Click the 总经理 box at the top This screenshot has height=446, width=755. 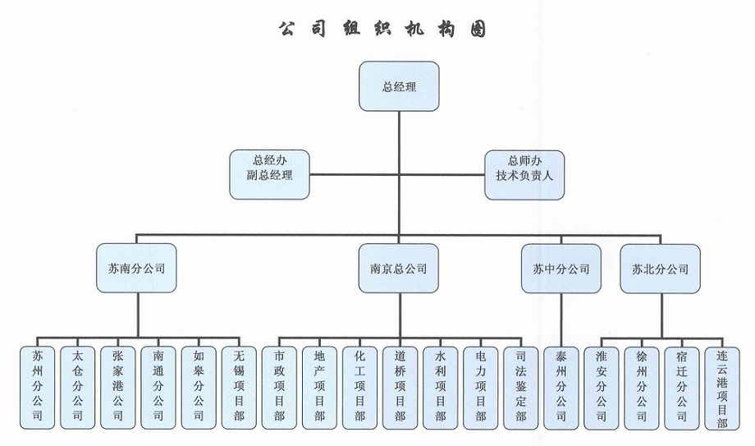[399, 85]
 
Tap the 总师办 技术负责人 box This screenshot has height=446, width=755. [524, 174]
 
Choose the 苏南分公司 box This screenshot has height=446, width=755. [137, 269]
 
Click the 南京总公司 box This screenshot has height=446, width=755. [399, 269]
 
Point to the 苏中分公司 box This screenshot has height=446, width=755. [561, 269]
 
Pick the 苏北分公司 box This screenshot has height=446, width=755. [660, 269]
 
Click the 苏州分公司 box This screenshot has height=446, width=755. [38, 387]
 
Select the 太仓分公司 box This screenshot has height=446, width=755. [78, 387]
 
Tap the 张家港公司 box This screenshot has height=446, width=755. [118, 387]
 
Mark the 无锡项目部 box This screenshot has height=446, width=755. [239, 387]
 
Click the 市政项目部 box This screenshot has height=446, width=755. [279, 387]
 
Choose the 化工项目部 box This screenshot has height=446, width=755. [359, 387]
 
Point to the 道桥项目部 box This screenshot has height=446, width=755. [400, 387]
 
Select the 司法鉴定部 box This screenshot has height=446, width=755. [520, 387]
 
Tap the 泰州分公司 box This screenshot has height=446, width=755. [561, 387]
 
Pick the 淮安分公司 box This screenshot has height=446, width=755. [601, 387]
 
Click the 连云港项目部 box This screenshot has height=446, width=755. [722, 387]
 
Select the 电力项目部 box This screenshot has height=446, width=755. [480, 387]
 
